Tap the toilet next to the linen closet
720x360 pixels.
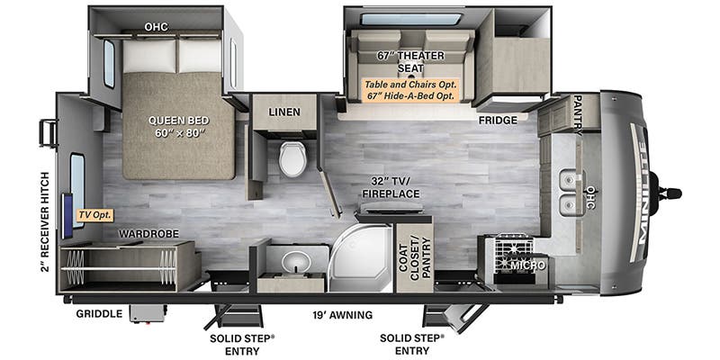point(292,159)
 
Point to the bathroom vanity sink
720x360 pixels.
point(295,262)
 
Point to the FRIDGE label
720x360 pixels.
point(497,120)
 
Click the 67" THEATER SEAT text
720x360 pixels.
point(410,61)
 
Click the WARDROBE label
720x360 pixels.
point(149,234)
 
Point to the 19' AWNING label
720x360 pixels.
point(342,315)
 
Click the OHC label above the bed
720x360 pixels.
point(155,26)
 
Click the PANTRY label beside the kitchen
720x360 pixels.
point(577,112)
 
